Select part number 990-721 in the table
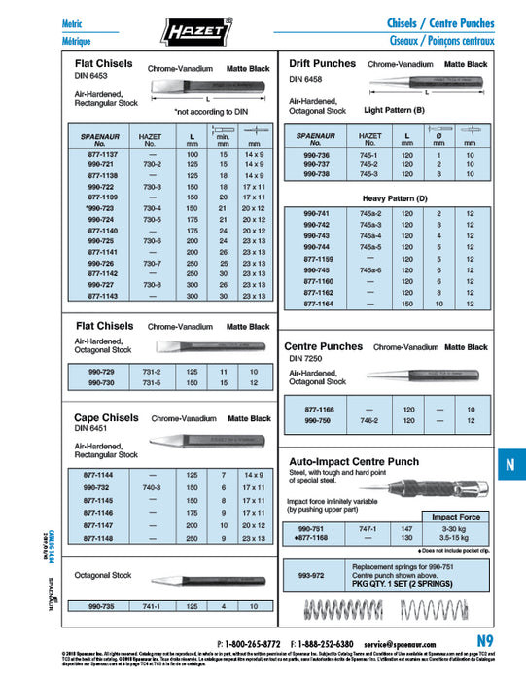click(x=100, y=165)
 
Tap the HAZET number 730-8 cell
click(x=151, y=284)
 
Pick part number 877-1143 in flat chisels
click(x=100, y=296)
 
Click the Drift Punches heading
click(x=322, y=63)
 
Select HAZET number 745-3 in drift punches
click(x=370, y=175)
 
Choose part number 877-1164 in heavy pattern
click(x=319, y=304)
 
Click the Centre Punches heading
click(x=323, y=346)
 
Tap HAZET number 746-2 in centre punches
click(x=370, y=421)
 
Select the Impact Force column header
click(x=457, y=517)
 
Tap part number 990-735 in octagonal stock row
click(x=100, y=606)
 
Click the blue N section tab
click(x=509, y=465)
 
